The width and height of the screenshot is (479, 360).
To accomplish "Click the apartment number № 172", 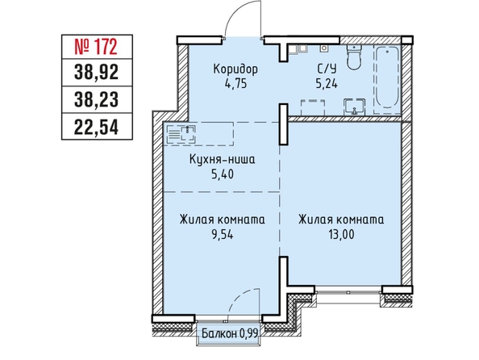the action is pyautogui.click(x=96, y=47).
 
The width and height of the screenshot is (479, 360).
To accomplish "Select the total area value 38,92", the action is pyautogui.click(x=96, y=73).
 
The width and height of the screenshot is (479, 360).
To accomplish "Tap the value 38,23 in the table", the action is pyautogui.click(x=96, y=100).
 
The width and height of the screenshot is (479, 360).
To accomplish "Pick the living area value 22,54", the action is pyautogui.click(x=96, y=127).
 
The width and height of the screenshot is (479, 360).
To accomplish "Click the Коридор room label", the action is pyautogui.click(x=235, y=69).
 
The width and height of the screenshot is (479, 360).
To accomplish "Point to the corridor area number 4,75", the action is pyautogui.click(x=235, y=83).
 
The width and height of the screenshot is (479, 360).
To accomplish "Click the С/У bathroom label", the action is pyautogui.click(x=327, y=69).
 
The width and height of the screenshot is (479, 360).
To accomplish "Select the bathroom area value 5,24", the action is pyautogui.click(x=327, y=83).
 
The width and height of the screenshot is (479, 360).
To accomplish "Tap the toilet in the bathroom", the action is pyautogui.click(x=354, y=57).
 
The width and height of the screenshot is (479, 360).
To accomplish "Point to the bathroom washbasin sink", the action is pyautogui.click(x=354, y=107).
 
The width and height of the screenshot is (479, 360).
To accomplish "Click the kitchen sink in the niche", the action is pyautogui.click(x=188, y=134).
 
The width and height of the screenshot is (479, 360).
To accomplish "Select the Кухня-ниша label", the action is pyautogui.click(x=222, y=160).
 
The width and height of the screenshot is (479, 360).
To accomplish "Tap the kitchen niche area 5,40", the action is pyautogui.click(x=223, y=174).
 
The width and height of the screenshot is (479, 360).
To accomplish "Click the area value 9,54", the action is pyautogui.click(x=222, y=235).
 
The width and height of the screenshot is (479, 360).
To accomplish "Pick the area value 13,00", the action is pyautogui.click(x=341, y=235).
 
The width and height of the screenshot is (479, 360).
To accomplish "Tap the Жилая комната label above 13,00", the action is pyautogui.click(x=341, y=220).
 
